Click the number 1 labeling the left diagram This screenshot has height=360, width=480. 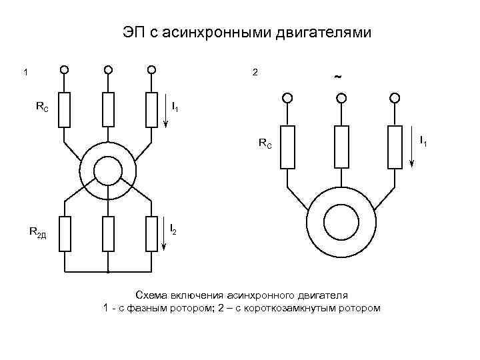point(25,73)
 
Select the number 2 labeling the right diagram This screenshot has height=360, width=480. point(255,72)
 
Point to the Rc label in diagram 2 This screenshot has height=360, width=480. point(265,143)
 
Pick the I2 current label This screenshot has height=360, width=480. point(174,230)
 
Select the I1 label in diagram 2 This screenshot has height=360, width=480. point(423,141)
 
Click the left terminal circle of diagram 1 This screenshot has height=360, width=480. point(64,69)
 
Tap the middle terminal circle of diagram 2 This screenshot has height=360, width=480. point(341,98)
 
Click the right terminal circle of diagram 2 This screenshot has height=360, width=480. point(395,98)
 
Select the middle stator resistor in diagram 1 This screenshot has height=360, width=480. point(108,109)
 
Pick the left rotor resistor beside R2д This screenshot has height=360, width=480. point(65,233)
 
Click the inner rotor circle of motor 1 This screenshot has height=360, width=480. point(107,171)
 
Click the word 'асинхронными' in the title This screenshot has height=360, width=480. point(210,31)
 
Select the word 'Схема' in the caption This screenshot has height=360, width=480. point(150,294)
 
